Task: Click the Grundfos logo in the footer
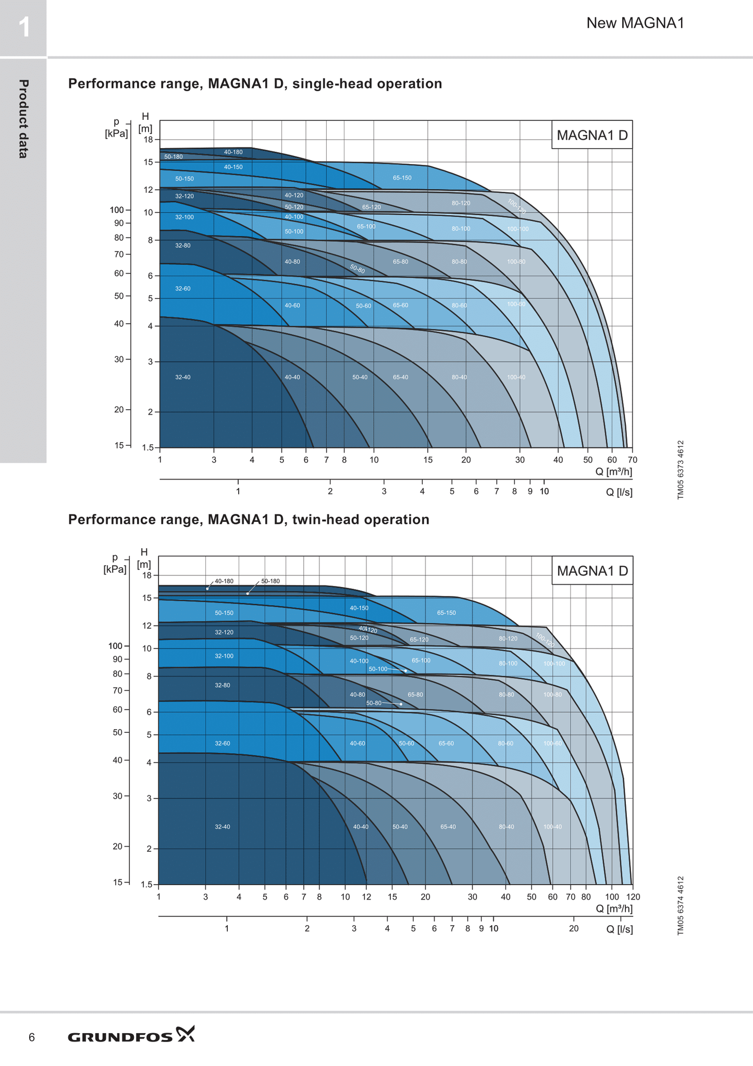pyautogui.click(x=131, y=1036)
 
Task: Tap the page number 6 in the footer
pyautogui.click(x=32, y=1037)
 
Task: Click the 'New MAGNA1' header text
pyautogui.click(x=635, y=23)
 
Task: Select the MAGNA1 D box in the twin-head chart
pyautogui.click(x=592, y=570)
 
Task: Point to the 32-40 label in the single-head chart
pyautogui.click(x=183, y=377)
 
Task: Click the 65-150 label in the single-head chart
pyautogui.click(x=402, y=178)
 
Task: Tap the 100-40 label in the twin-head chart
pyautogui.click(x=552, y=827)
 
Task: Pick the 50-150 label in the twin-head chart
pyautogui.click(x=224, y=612)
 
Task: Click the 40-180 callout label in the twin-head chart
pyautogui.click(x=224, y=581)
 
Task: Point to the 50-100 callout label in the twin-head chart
pyautogui.click(x=378, y=669)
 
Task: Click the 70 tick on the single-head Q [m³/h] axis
pyautogui.click(x=632, y=460)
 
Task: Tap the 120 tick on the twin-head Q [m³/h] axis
pyautogui.click(x=633, y=897)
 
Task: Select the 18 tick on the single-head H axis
pyautogui.click(x=148, y=140)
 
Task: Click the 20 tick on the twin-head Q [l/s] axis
pyautogui.click(x=573, y=928)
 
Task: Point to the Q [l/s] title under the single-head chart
pyautogui.click(x=619, y=492)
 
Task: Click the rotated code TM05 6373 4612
pyautogui.click(x=681, y=470)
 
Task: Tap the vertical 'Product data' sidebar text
pyautogui.click(x=23, y=119)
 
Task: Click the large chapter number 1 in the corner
pyautogui.click(x=23, y=28)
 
